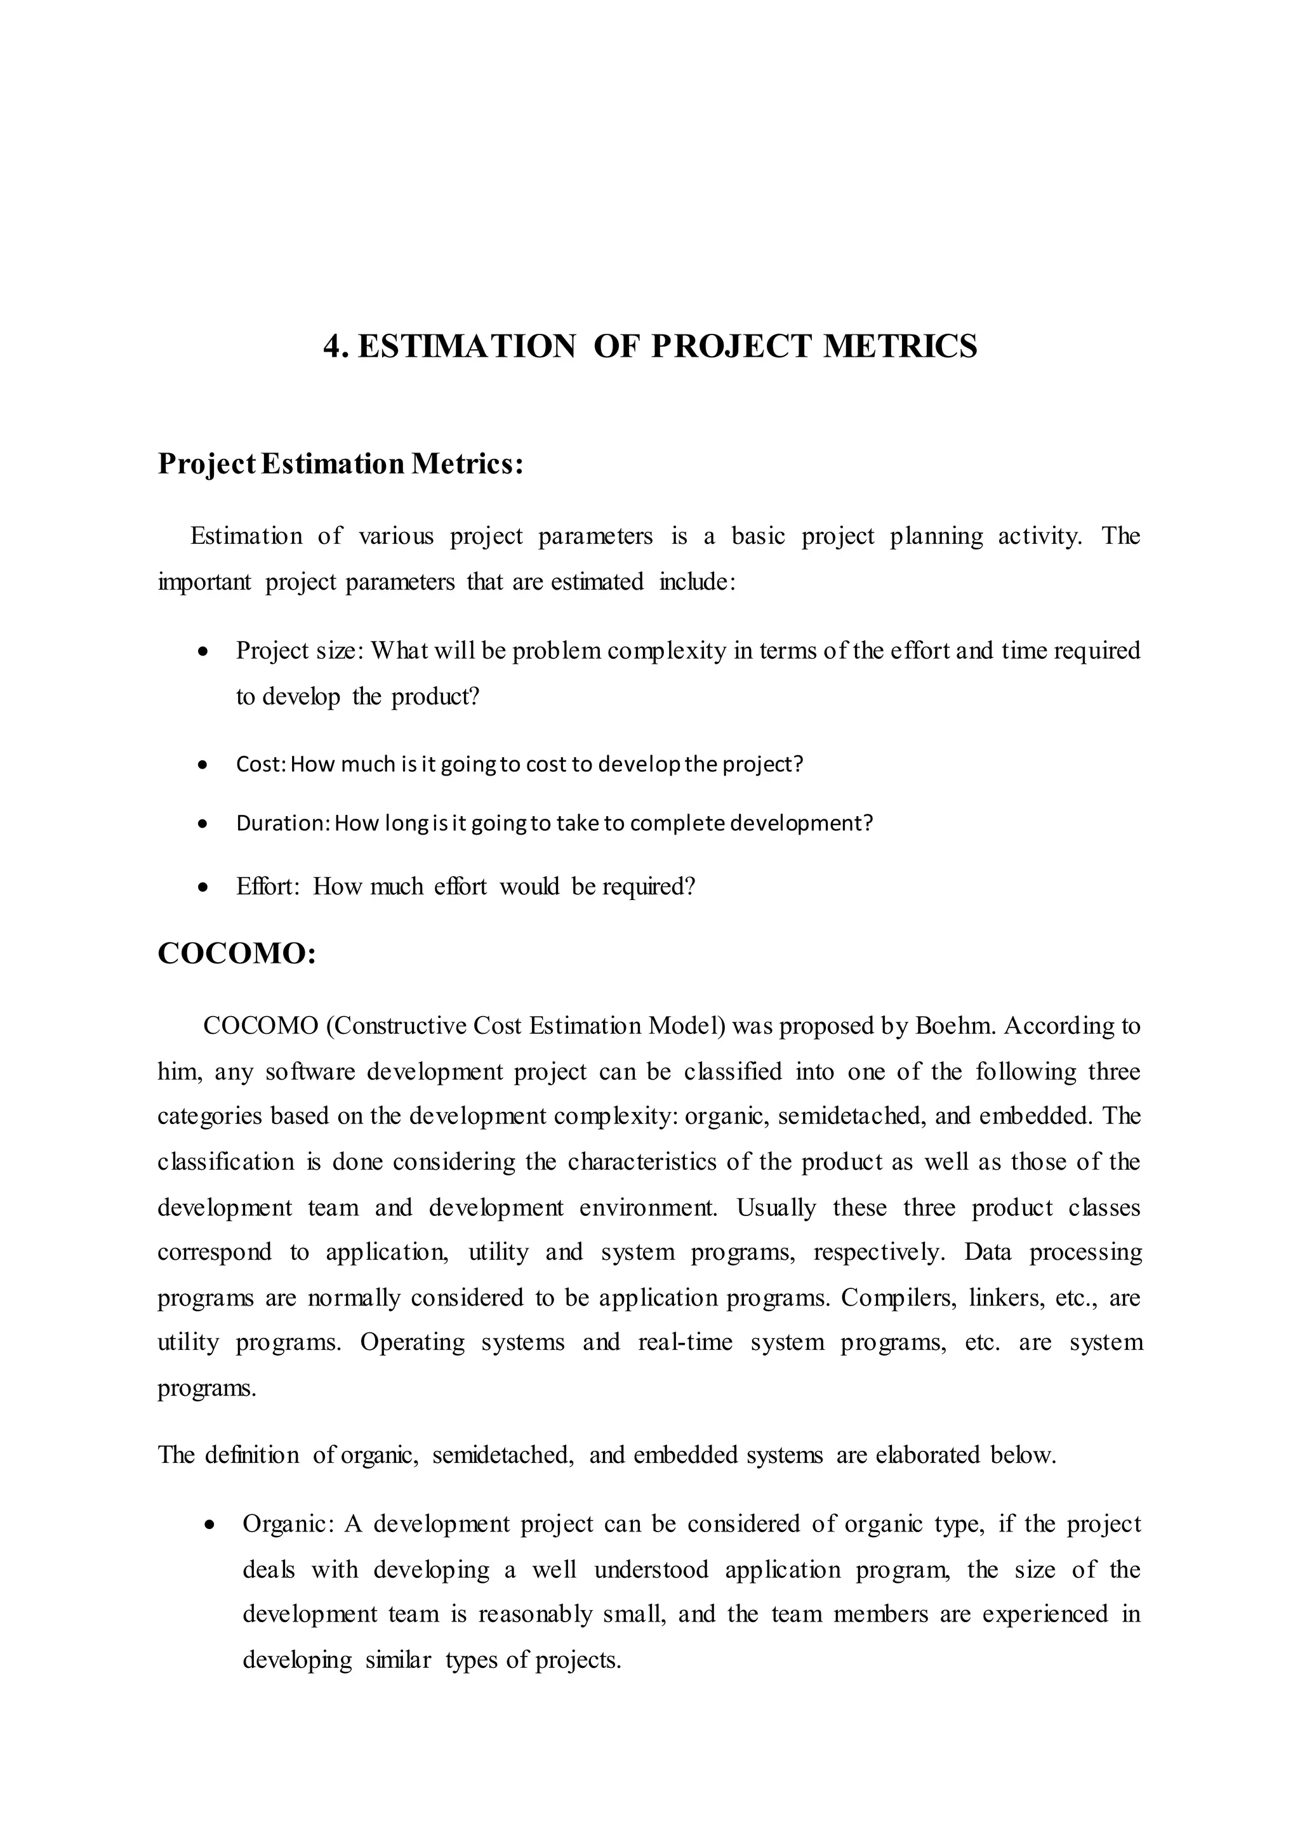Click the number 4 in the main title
click(x=331, y=347)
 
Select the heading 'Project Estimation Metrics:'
click(x=340, y=465)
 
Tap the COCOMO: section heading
click(x=237, y=954)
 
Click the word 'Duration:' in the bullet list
click(x=282, y=823)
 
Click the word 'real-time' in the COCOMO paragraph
click(x=685, y=1342)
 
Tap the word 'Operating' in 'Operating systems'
click(x=412, y=1342)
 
